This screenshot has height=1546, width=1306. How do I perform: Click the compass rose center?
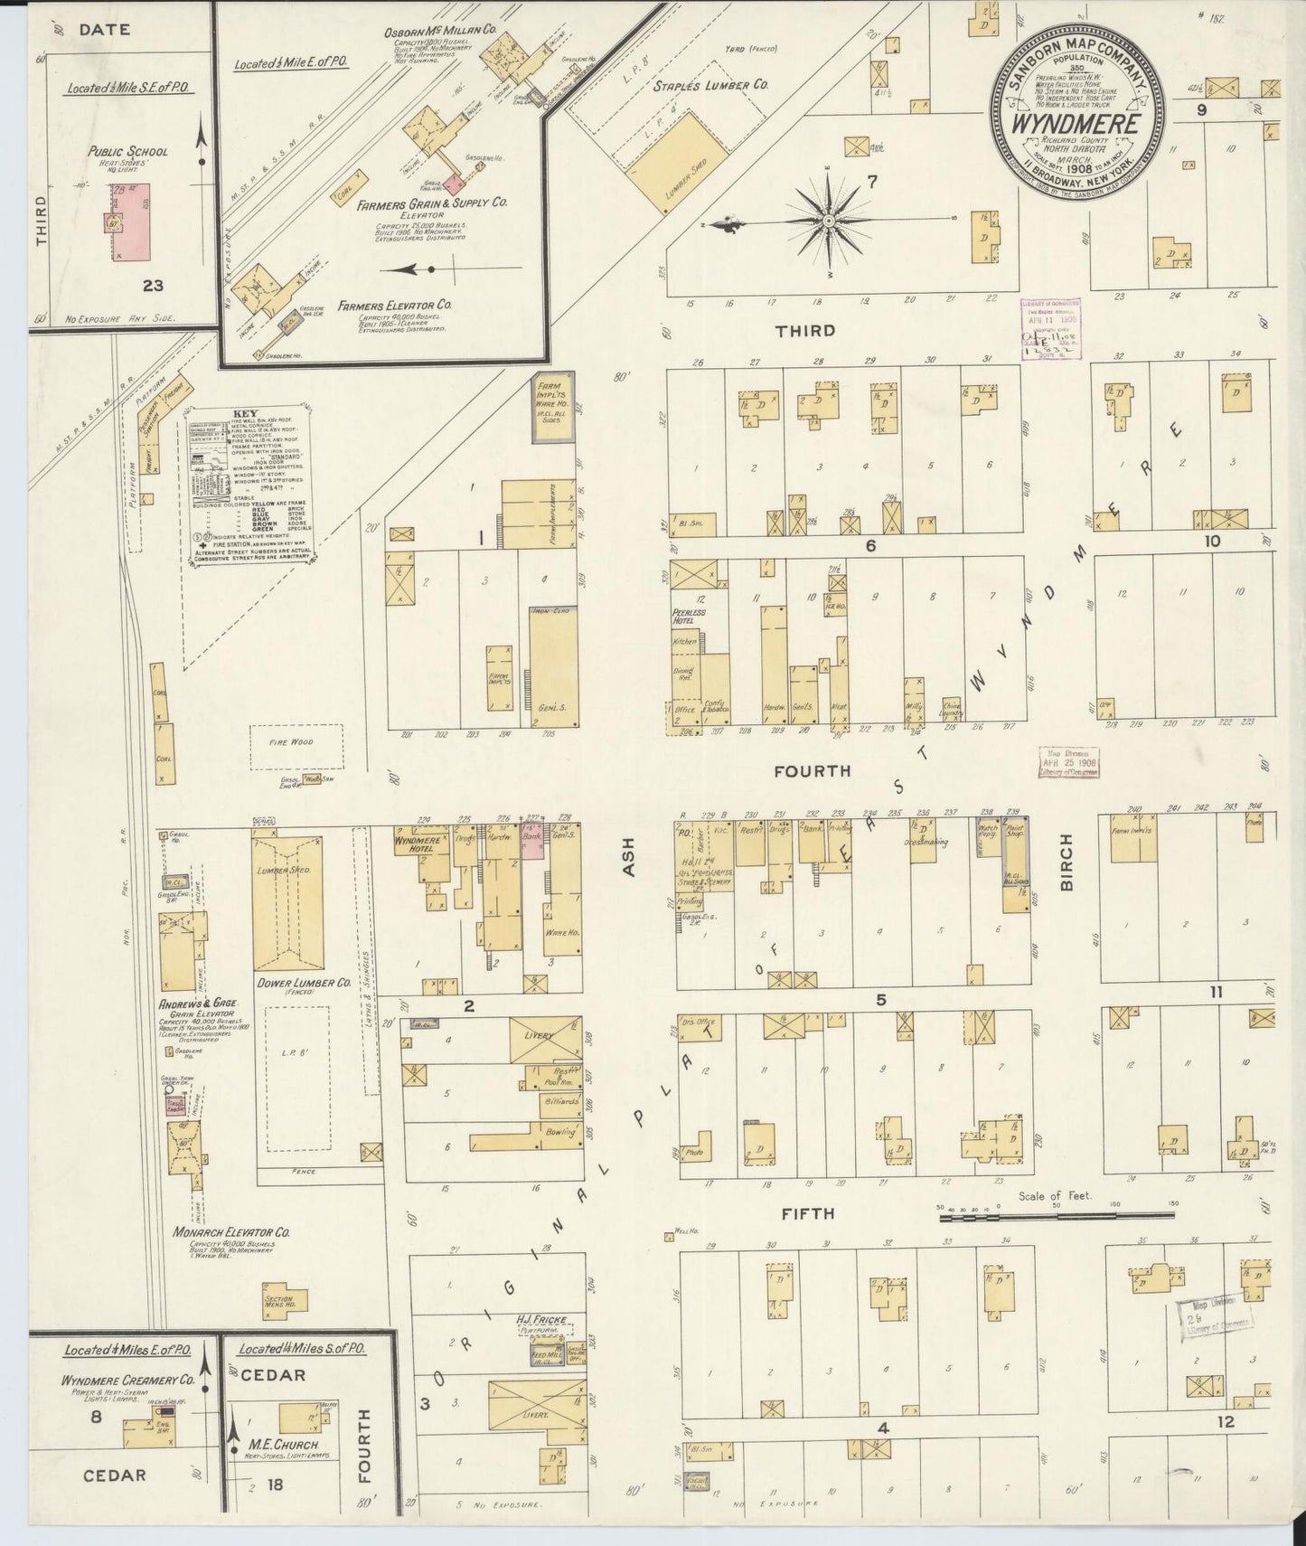pyautogui.click(x=828, y=220)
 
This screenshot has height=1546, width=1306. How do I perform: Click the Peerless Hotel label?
pyautogui.click(x=689, y=617)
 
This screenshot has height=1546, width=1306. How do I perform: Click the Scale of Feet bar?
pyautogui.click(x=1057, y=1218)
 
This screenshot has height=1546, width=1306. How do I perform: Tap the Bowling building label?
pyautogui.click(x=559, y=1132)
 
